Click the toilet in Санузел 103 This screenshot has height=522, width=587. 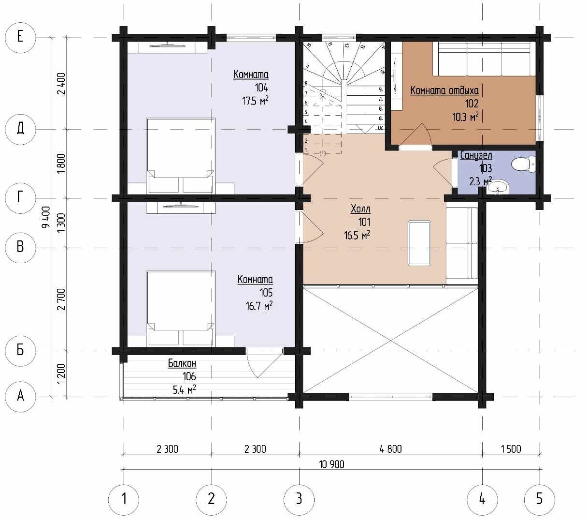coord(523,164)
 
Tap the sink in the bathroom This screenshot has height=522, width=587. coord(498,187)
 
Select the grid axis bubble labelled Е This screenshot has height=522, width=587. coord(20,37)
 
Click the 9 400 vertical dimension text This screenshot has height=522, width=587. coord(46,217)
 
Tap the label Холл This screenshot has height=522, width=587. coord(360,209)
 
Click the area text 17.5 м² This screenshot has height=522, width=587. coord(255,101)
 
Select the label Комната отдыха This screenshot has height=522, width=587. coord(444,90)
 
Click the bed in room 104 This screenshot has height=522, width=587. coord(181,155)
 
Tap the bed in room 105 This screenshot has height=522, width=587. coord(181,308)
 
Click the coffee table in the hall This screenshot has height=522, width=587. coord(419,243)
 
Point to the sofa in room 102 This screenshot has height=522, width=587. coord(484,59)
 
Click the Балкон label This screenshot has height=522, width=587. coord(182,363)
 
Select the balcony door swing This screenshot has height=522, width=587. coord(264,364)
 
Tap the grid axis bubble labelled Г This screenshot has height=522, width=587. coord(20,198)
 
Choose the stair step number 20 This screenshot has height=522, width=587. coord(380,128)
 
